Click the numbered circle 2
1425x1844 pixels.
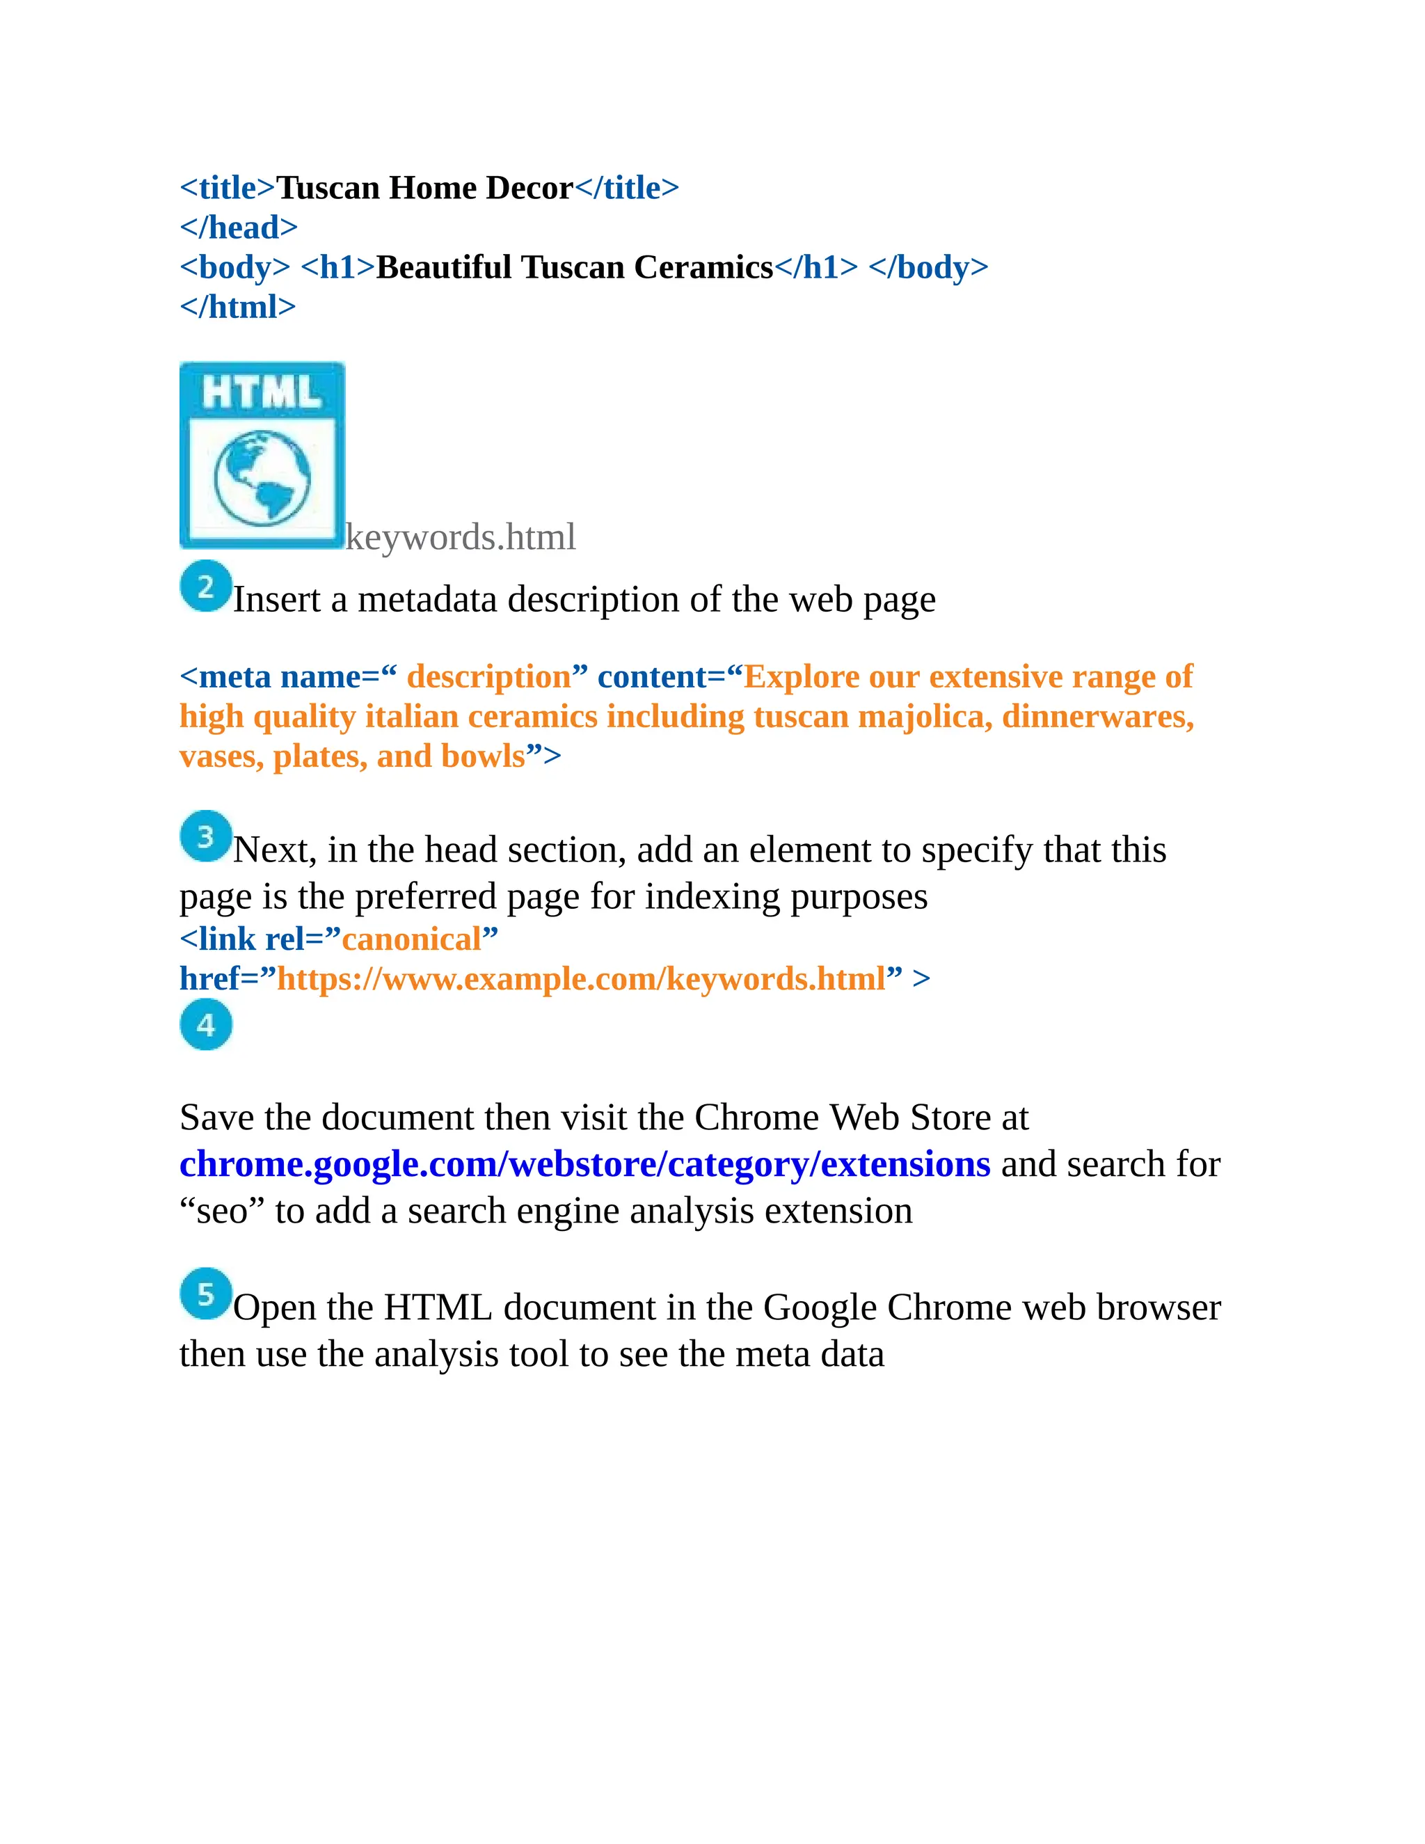click(x=205, y=586)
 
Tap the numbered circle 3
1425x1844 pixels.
click(x=205, y=836)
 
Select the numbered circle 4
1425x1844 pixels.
click(x=205, y=1024)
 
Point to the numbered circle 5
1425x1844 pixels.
click(x=205, y=1293)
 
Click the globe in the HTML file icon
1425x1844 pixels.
click(x=262, y=477)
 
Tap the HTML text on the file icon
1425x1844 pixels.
click(x=262, y=392)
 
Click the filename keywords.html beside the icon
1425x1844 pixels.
click(x=460, y=537)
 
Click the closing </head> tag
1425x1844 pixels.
click(x=238, y=227)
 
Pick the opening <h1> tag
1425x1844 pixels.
click(x=337, y=267)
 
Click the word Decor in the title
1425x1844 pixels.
click(x=530, y=187)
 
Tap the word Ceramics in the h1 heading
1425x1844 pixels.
click(x=703, y=267)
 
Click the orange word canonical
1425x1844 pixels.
click(x=411, y=939)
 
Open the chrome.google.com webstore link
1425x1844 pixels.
click(x=584, y=1163)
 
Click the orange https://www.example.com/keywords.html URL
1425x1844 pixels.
click(x=582, y=978)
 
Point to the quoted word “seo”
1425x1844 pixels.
click(x=222, y=1211)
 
